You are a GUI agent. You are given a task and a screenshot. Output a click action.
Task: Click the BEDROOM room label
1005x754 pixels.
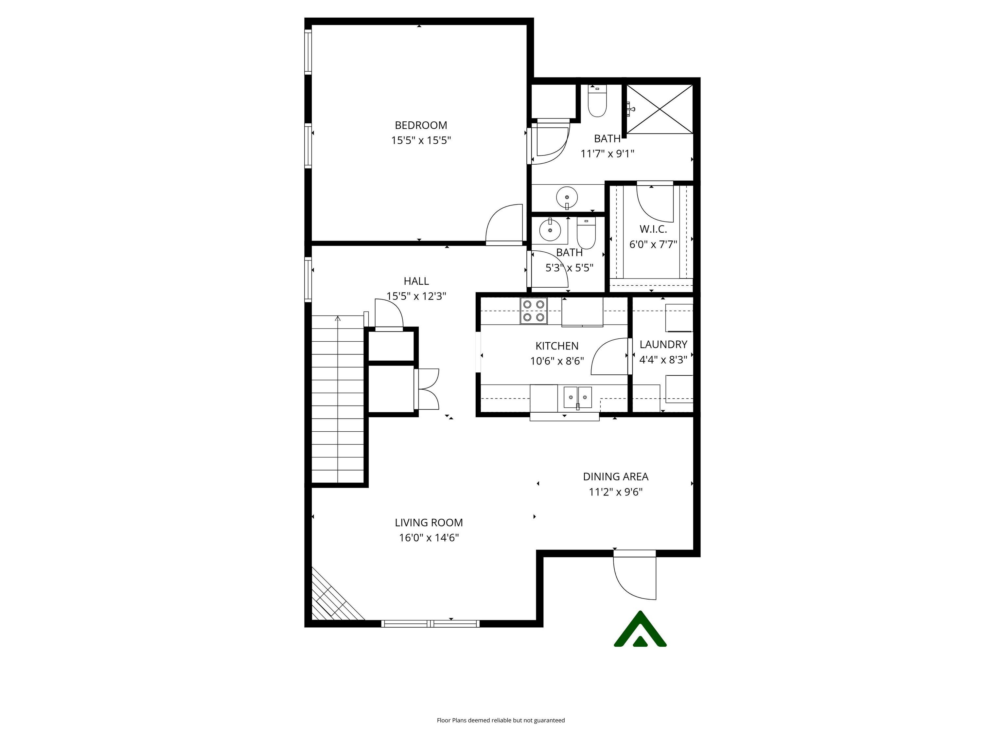click(421, 125)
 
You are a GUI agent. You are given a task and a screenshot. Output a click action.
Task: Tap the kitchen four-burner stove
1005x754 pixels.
click(534, 311)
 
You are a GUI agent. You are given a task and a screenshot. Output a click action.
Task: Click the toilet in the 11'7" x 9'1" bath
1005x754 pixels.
click(597, 102)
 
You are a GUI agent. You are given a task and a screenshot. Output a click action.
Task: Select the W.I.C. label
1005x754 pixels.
click(653, 229)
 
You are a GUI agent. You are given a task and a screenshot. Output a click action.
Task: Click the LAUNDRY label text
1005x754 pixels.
click(663, 345)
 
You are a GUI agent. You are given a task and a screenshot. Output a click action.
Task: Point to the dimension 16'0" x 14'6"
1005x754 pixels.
click(429, 538)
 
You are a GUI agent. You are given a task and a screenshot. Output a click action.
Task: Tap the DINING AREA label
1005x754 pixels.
click(616, 477)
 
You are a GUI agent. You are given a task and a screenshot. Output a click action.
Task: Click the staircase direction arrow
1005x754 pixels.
click(338, 319)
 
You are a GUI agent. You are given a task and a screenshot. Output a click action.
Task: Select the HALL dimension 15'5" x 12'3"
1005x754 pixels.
click(416, 296)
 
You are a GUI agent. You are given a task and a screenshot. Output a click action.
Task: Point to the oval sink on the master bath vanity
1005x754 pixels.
click(567, 197)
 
